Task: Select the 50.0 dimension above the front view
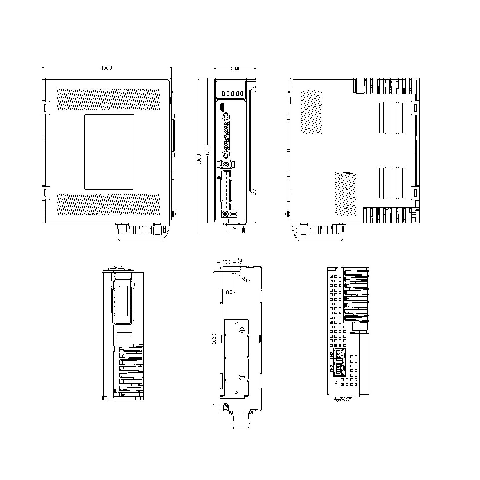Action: [235, 69]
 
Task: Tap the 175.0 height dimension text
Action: [207, 151]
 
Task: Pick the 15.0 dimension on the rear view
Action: [226, 262]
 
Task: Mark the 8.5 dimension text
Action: [229, 292]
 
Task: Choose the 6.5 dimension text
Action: [240, 260]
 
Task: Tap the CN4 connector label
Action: [331, 355]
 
